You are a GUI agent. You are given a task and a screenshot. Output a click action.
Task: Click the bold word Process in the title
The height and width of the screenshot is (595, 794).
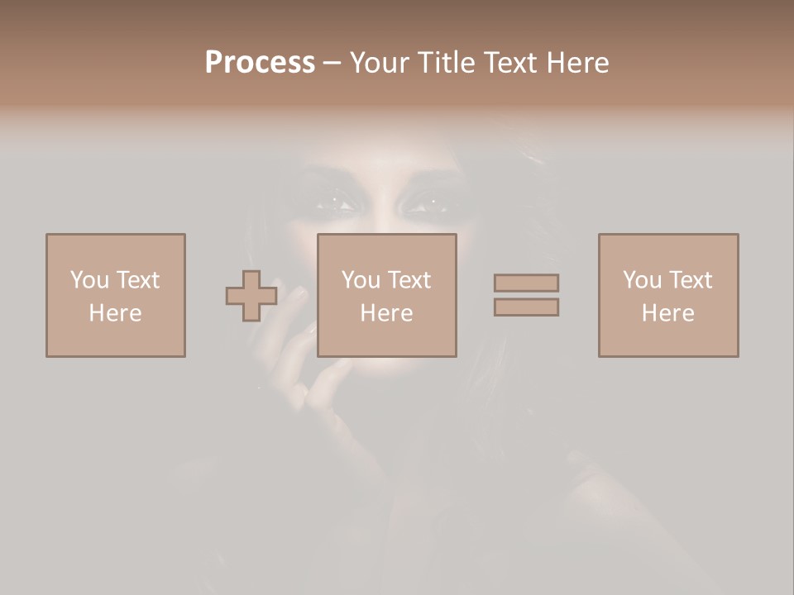coord(260,62)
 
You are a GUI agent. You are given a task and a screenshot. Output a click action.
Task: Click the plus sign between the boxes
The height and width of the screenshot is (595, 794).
coord(251,296)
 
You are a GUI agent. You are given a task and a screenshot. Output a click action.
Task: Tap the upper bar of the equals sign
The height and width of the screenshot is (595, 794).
coord(526,283)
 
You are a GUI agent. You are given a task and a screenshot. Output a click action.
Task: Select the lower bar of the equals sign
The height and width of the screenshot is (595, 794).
coord(526,307)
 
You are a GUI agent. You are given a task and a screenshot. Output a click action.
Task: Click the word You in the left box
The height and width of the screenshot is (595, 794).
coord(89,280)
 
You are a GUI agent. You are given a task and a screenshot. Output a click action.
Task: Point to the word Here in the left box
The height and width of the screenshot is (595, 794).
coord(115,313)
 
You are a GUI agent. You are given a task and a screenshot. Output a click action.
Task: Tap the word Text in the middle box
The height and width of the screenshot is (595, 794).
coord(409,280)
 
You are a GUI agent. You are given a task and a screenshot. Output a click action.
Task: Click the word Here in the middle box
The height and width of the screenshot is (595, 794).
coord(386,313)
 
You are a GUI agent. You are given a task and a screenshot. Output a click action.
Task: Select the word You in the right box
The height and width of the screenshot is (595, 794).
coord(642,280)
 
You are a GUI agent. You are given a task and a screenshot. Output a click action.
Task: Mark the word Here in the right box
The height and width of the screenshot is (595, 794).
coord(667,313)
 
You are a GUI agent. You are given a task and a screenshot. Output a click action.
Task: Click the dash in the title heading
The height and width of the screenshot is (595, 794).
coord(332,63)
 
